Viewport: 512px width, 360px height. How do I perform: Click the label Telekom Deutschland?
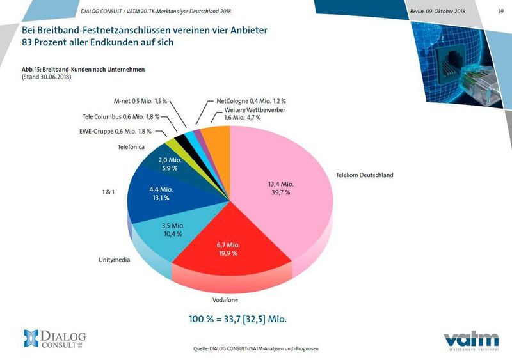tap(364, 175)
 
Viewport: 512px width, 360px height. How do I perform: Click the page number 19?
tap(500, 12)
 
